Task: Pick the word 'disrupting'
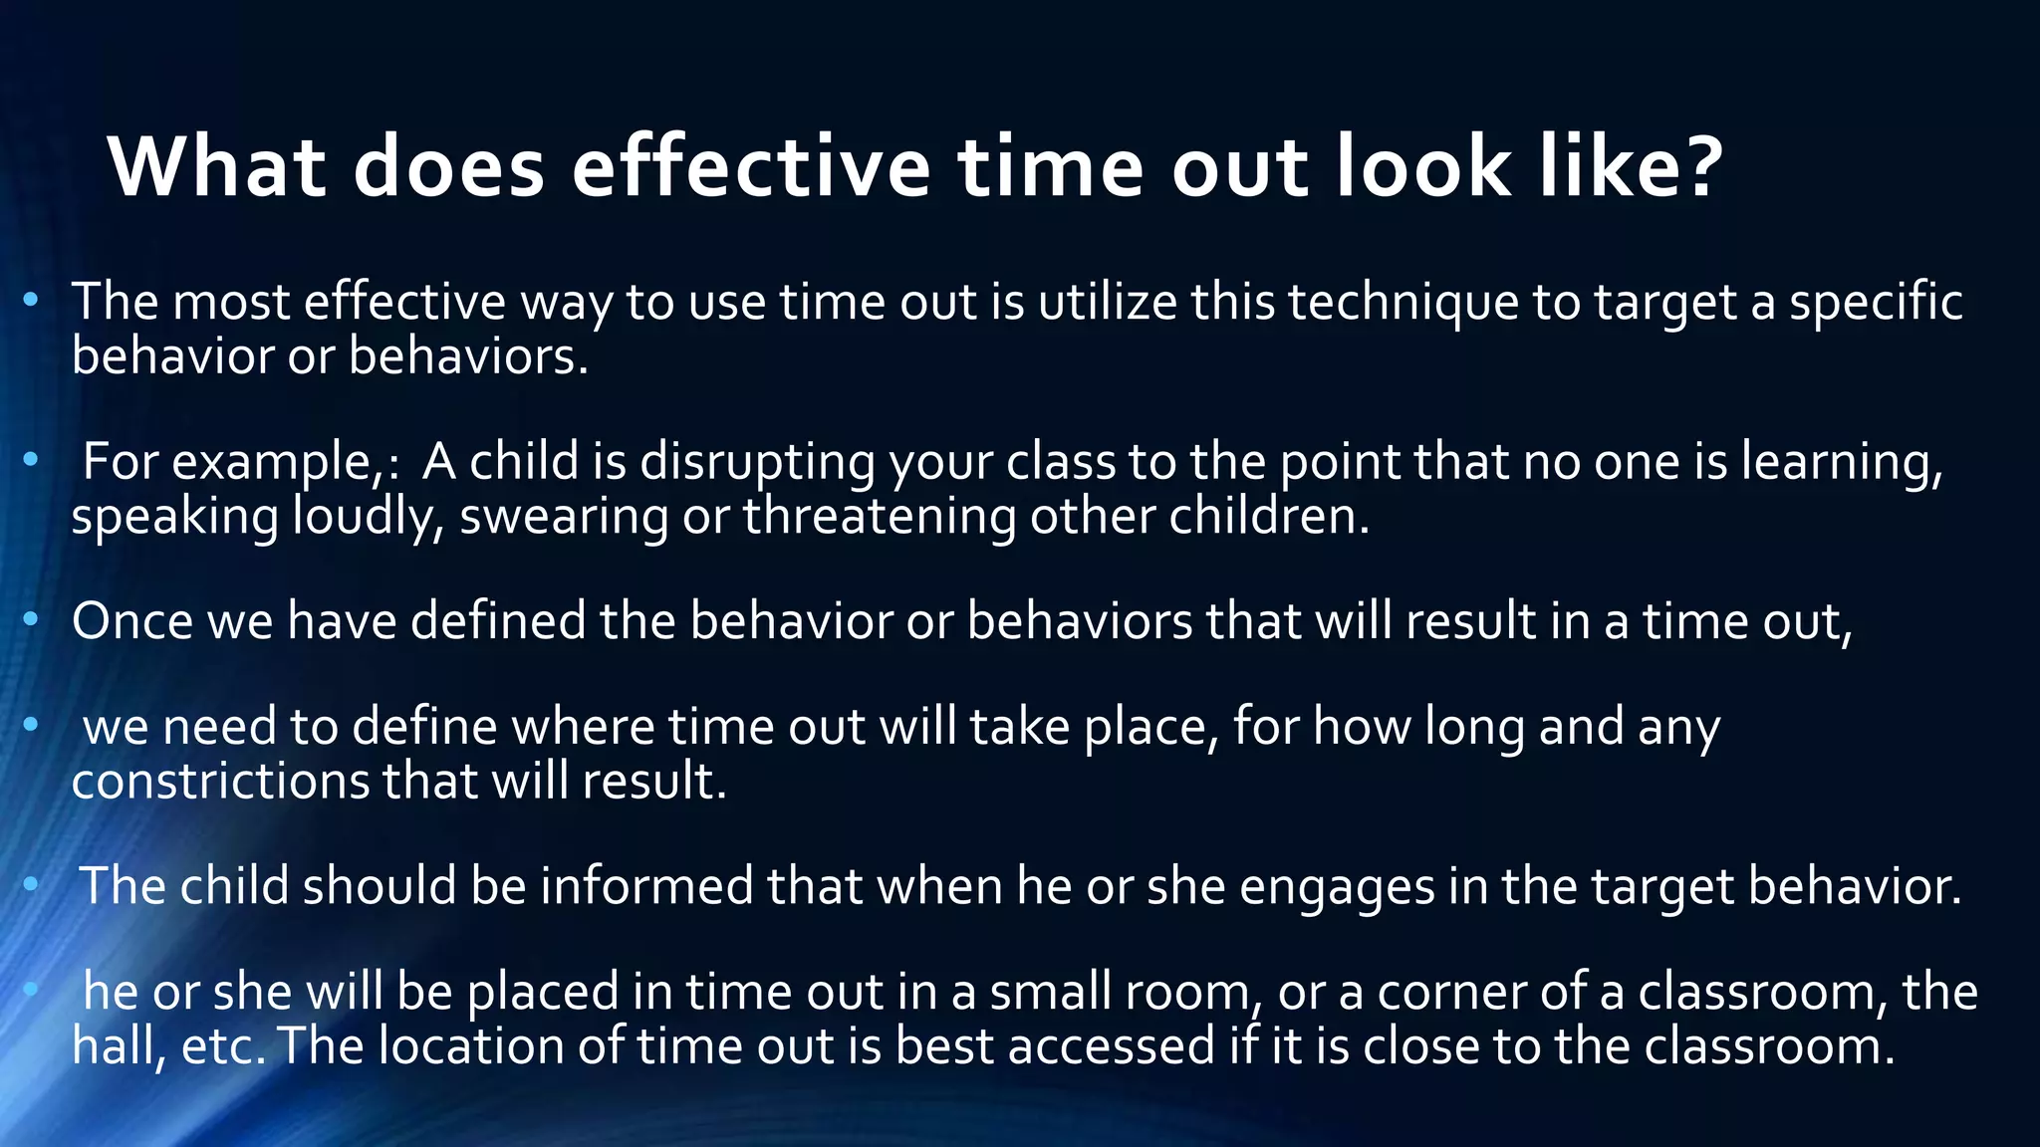pos(757,463)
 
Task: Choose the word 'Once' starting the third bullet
pos(131,621)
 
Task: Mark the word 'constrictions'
pos(220,781)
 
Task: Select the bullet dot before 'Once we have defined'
pos(31,620)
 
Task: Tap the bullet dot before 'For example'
pos(31,460)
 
